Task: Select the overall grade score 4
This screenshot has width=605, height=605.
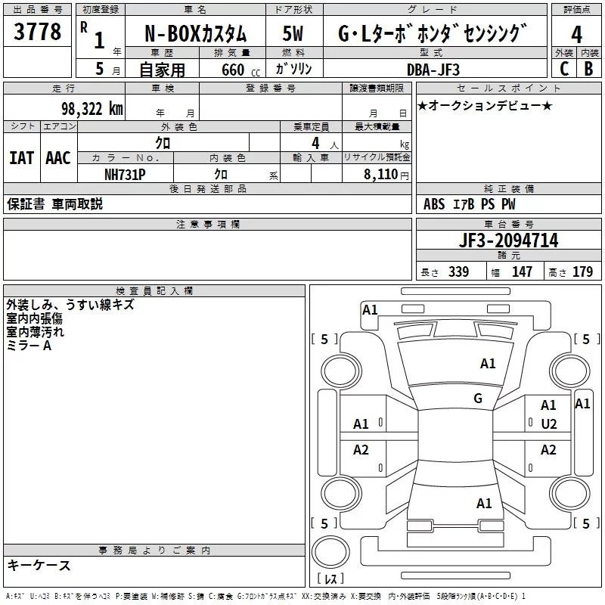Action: (x=577, y=34)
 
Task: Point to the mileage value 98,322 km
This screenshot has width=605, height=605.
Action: (x=92, y=108)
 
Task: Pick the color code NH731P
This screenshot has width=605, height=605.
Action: (x=125, y=173)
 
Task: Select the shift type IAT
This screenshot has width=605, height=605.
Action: (x=21, y=158)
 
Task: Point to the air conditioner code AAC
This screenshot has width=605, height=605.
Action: (x=57, y=158)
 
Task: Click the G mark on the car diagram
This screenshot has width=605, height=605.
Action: (x=478, y=398)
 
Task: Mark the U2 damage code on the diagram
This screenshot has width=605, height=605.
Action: (x=548, y=423)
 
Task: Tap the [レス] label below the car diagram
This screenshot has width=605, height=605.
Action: (x=330, y=579)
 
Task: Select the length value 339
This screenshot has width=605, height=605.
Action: (x=458, y=272)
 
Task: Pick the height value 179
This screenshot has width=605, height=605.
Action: (x=582, y=272)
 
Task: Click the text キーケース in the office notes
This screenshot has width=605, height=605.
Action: (x=39, y=565)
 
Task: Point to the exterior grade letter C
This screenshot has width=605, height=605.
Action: (x=563, y=68)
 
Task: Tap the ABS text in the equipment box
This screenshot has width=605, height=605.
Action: (x=434, y=204)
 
